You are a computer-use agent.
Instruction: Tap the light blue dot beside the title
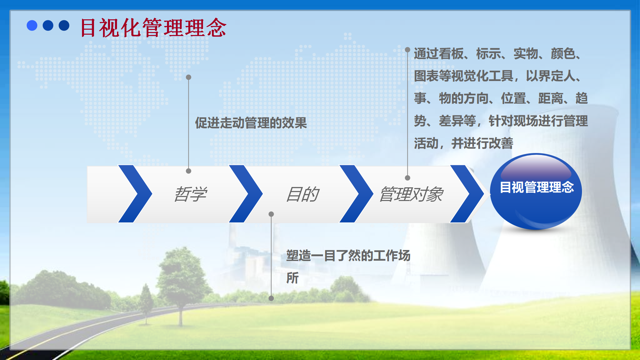click(32, 25)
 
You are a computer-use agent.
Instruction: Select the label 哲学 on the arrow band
click(190, 194)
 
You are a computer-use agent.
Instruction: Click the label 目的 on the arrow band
click(303, 194)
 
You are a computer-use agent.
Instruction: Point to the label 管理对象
click(411, 194)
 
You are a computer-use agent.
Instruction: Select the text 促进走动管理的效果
click(251, 123)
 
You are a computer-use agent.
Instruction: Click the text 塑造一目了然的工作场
click(348, 256)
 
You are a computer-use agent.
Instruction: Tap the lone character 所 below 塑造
click(292, 278)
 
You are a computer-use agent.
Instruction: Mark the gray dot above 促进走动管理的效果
click(188, 77)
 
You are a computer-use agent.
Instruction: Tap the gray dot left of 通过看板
click(407, 50)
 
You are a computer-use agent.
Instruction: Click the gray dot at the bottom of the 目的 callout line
click(271, 298)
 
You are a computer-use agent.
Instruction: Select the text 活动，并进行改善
click(464, 143)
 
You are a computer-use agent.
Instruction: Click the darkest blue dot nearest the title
click(64, 25)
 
